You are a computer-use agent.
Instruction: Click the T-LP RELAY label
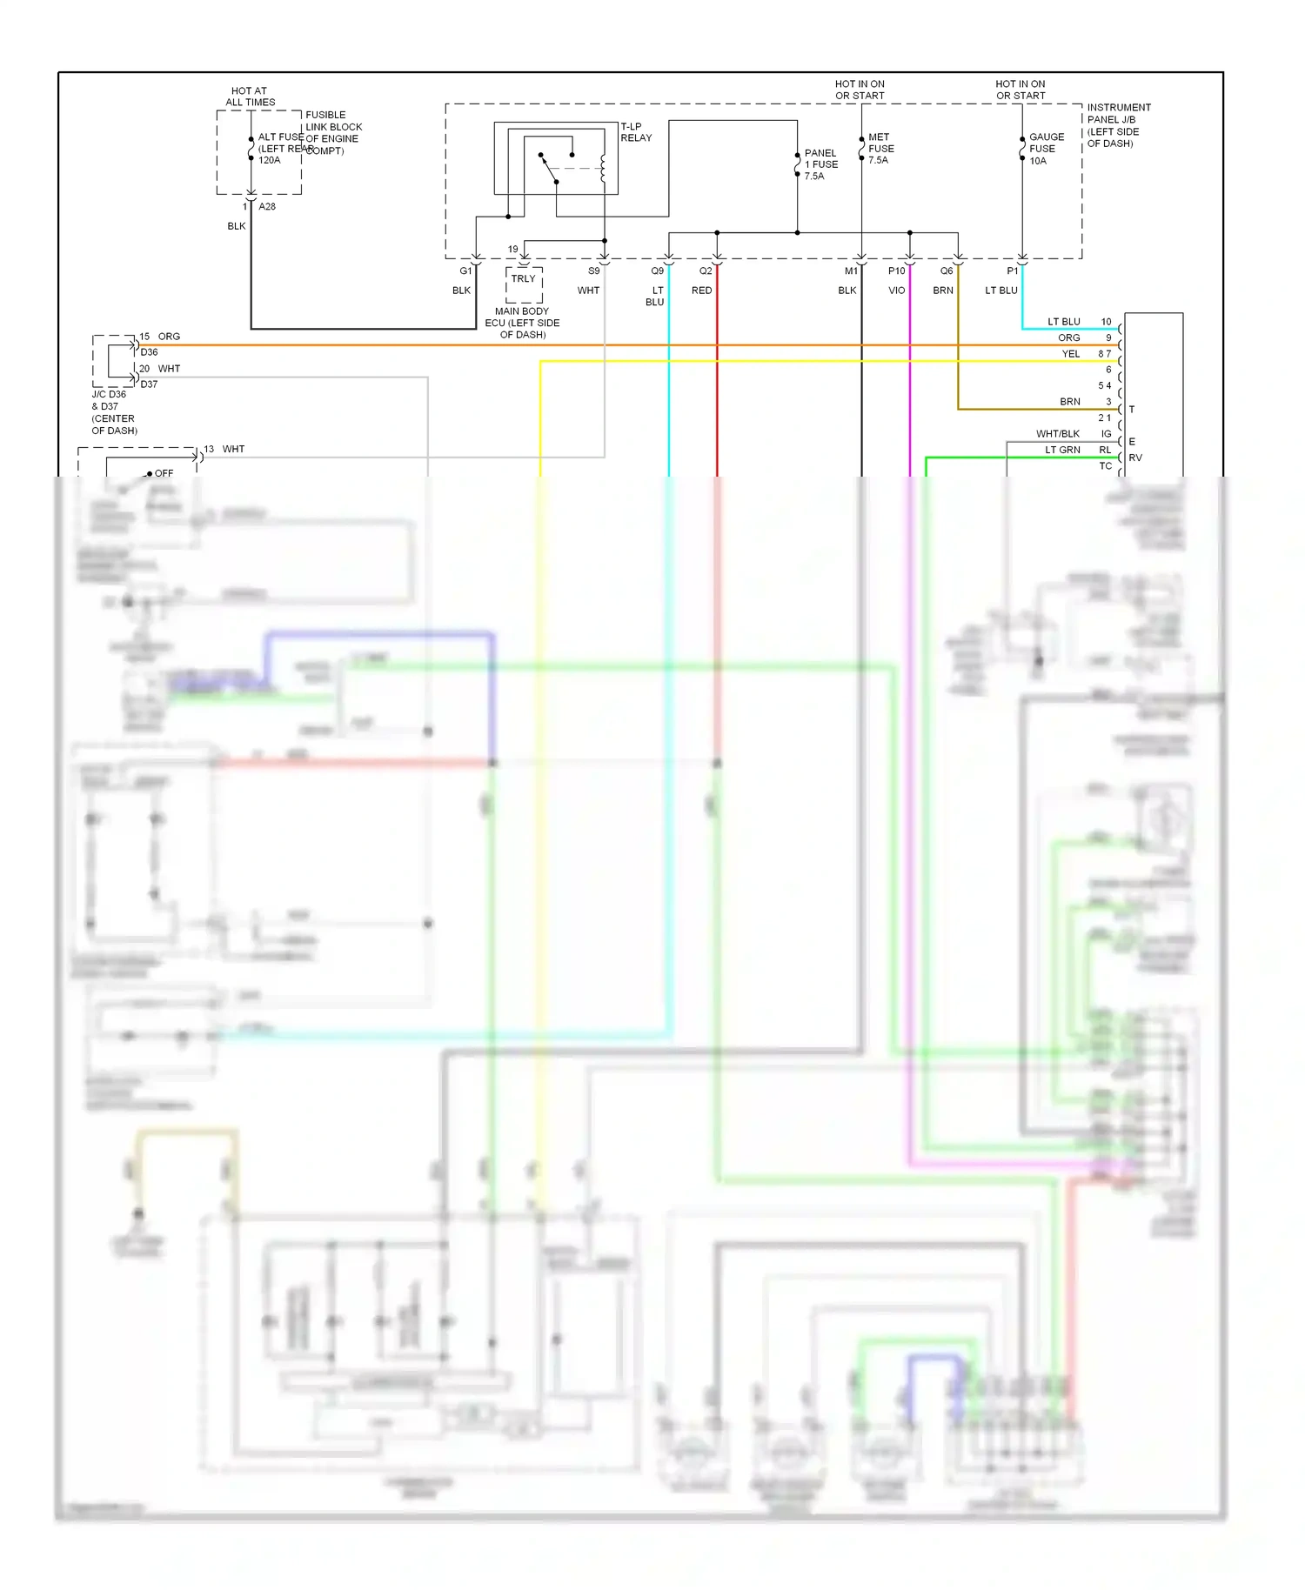[635, 132]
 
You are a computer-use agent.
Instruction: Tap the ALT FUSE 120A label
[278, 149]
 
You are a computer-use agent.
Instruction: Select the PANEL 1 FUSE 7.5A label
[821, 164]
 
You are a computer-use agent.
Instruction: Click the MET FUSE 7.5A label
[880, 149]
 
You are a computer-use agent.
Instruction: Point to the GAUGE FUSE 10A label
[1046, 149]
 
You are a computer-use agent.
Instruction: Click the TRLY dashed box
[524, 284]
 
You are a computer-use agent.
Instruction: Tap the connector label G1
[465, 271]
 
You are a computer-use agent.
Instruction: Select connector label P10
[896, 271]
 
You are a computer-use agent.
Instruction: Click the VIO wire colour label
[896, 291]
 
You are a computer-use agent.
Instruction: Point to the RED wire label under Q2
[701, 291]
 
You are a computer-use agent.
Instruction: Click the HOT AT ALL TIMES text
[250, 97]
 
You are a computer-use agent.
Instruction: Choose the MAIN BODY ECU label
[522, 323]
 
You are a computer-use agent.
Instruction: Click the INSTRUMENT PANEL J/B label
[1118, 125]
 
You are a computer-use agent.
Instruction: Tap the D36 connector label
[150, 352]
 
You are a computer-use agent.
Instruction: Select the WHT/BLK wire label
[1057, 434]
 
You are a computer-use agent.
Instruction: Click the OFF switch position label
[164, 473]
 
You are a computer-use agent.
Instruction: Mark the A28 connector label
[267, 207]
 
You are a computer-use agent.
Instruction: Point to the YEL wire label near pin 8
[1070, 354]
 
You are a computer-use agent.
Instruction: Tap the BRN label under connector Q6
[943, 291]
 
